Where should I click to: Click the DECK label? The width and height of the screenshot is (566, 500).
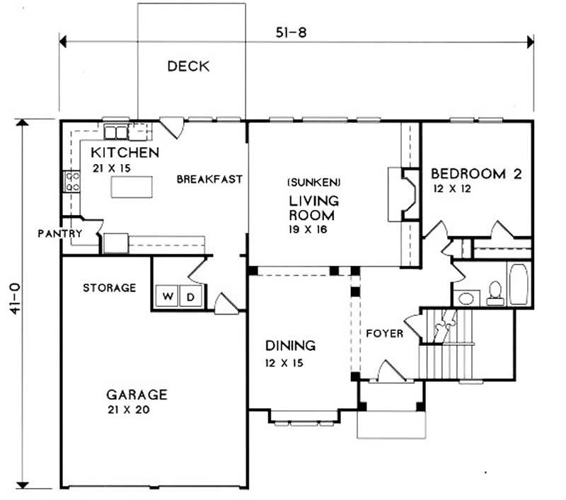tap(188, 66)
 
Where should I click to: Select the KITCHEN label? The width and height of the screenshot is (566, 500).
tap(125, 152)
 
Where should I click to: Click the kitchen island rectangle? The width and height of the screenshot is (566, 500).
tap(132, 187)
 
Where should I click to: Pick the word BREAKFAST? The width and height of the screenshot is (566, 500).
tap(209, 180)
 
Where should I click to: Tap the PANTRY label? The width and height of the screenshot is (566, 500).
tap(61, 233)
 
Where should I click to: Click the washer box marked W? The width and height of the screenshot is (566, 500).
tap(168, 296)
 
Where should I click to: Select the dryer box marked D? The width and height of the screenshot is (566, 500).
tap(190, 296)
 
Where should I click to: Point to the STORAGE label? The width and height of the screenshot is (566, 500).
tap(109, 288)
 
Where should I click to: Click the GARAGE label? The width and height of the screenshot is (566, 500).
tap(137, 395)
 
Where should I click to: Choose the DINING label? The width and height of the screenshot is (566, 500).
tap(290, 346)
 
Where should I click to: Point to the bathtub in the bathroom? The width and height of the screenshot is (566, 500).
tap(518, 284)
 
